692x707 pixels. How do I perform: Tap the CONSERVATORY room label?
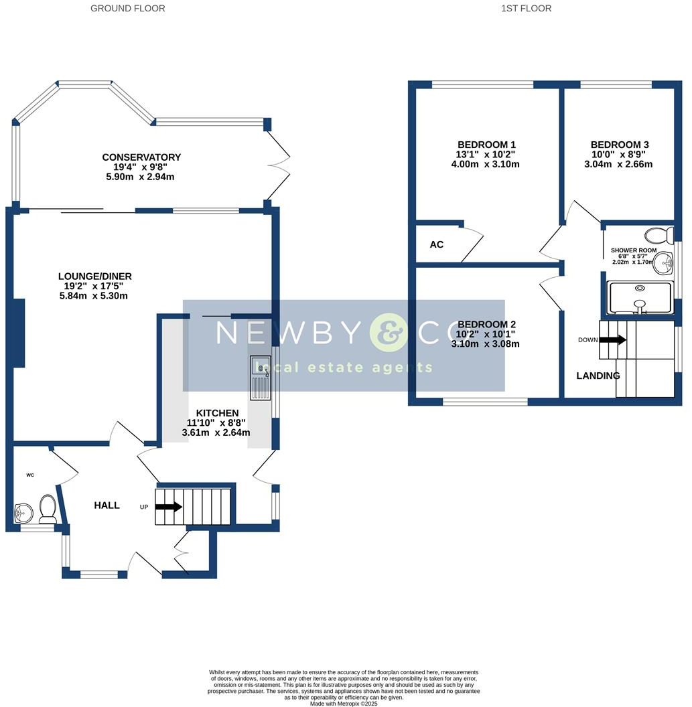click(x=141, y=157)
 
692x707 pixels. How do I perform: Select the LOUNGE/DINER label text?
click(x=95, y=276)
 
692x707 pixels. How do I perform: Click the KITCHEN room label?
click(x=217, y=413)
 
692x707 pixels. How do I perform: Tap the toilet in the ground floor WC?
click(x=48, y=509)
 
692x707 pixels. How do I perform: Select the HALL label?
click(x=107, y=505)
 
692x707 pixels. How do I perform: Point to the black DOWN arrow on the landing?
click(x=612, y=339)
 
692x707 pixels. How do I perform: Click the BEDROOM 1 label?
click(x=486, y=145)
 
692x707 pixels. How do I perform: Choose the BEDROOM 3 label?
click(x=620, y=145)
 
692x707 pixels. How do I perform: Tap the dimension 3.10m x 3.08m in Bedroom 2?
click(x=486, y=344)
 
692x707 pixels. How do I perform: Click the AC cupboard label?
click(x=437, y=244)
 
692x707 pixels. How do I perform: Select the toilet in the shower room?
click(x=661, y=236)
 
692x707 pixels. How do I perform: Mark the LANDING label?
click(x=598, y=376)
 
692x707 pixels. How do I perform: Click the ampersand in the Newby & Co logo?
click(x=388, y=333)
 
